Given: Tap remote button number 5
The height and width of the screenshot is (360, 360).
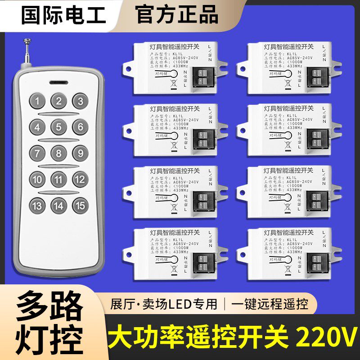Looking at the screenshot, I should [59, 127].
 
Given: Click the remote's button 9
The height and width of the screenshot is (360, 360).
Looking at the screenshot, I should [80, 153].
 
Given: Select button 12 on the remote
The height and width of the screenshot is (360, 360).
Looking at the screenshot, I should [80, 180].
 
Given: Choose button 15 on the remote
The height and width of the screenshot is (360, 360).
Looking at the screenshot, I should [80, 206].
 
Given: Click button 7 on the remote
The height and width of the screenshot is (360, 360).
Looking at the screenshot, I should [38, 153].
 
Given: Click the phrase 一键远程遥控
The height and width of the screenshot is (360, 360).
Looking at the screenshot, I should [270, 305].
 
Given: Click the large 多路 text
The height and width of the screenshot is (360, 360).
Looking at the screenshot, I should [49, 307].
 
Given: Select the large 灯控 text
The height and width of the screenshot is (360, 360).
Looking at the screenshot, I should [49, 337].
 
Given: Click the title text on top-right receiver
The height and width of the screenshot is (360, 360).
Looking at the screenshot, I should [288, 47].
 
